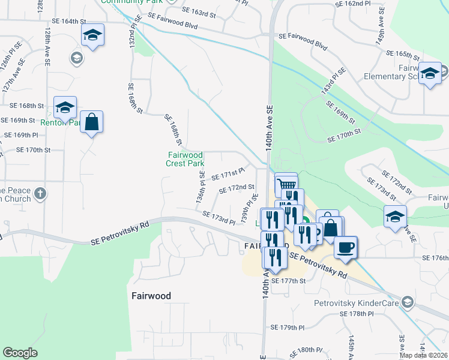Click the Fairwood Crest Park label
185,159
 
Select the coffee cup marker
345,247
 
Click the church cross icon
40,193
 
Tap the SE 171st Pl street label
228,174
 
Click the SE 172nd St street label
237,188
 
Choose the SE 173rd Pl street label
218,217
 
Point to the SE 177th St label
289,280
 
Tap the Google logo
20,353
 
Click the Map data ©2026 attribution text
423,355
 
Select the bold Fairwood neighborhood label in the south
151,296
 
